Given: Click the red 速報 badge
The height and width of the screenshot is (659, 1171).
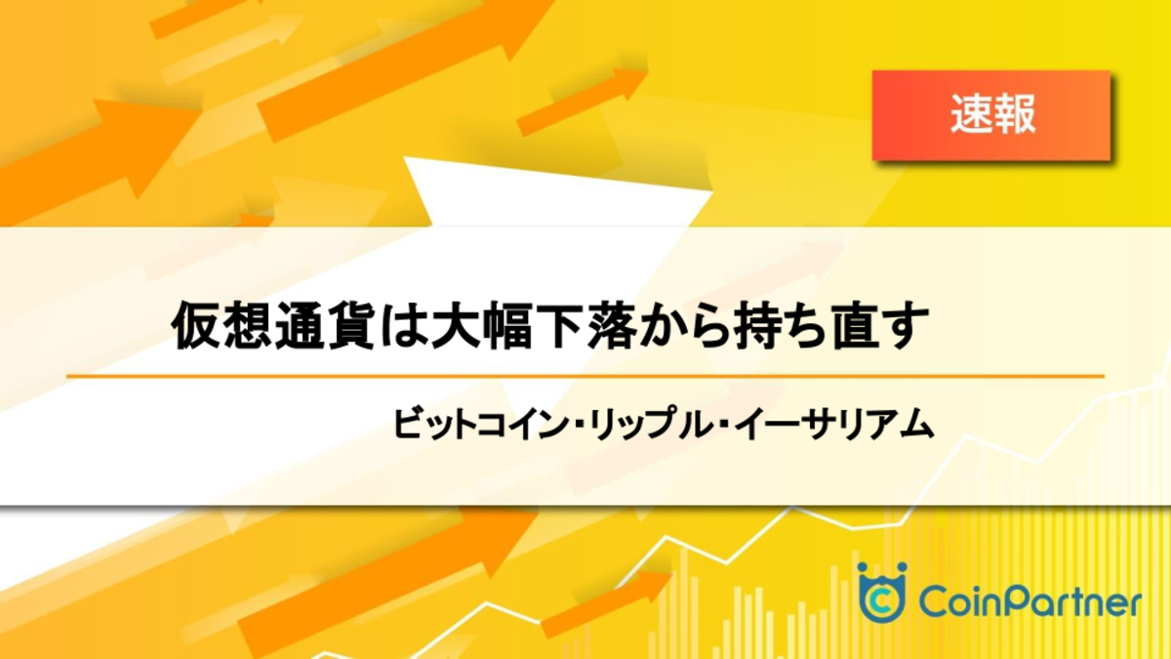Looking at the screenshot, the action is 991,115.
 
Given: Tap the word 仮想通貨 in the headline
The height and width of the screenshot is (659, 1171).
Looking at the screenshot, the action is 272,325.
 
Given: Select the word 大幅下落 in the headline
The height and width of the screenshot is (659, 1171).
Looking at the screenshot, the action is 533,325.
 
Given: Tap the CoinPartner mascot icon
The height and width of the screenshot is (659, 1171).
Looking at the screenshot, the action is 882,592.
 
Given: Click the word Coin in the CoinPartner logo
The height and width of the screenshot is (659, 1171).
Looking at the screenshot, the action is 959,603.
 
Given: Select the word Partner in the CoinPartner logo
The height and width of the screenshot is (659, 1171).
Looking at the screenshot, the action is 1070,603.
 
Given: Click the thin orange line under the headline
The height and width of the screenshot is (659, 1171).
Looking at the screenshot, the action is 585,376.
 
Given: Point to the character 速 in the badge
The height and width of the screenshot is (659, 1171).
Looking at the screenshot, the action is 970,114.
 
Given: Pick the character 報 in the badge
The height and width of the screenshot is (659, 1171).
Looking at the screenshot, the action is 1014,114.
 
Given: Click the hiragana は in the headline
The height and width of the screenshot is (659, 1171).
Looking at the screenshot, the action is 402,325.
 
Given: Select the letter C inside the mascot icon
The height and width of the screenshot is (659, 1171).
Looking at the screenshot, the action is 882,601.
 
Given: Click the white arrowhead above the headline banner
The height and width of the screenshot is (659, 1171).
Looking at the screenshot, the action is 557,192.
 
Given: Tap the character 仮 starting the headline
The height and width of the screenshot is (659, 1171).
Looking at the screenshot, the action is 196,325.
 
